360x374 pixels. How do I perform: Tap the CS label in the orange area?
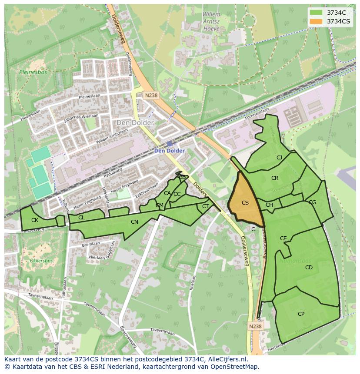245,203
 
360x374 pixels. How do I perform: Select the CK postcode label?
35,220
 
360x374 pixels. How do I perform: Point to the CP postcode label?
301,314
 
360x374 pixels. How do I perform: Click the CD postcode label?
309,268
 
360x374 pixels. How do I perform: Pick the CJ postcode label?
279,158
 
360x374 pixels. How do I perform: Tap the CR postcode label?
275,178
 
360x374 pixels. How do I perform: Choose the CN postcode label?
134,222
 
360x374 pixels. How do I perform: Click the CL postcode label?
81,218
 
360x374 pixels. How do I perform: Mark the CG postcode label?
312,202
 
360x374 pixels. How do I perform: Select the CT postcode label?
205,206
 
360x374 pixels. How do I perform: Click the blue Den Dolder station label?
170,151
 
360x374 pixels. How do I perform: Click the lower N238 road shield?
256,326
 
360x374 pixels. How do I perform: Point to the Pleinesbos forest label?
30,72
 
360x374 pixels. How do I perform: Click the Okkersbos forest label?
41,261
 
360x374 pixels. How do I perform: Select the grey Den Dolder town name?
135,123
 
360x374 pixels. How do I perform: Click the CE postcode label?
283,238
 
